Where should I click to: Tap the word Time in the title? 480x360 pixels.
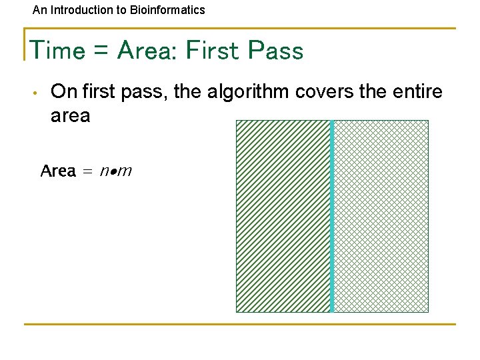57,51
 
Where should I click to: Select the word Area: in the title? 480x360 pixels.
146,51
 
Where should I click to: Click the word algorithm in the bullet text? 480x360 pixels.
248,91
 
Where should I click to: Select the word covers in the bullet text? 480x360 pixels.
325,91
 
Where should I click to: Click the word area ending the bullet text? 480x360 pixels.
70,115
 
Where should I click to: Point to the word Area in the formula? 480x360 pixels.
58,171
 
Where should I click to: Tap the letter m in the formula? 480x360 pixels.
125,172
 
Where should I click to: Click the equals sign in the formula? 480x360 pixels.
88,172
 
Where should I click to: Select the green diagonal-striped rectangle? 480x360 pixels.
283,216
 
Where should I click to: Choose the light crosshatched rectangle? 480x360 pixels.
381,216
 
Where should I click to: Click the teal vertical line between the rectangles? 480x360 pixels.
332,216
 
